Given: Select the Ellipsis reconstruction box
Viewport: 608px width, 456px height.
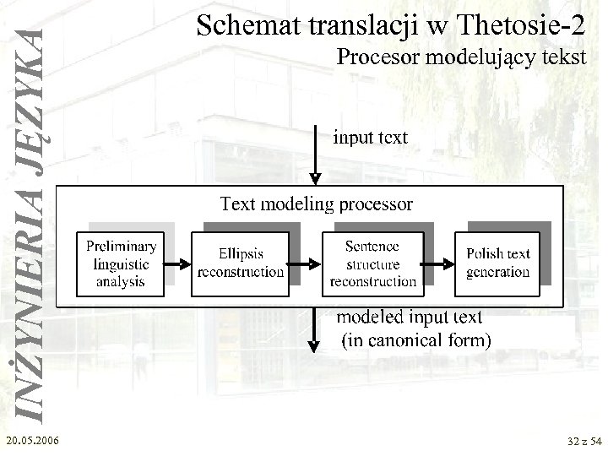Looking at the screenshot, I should point(241,263).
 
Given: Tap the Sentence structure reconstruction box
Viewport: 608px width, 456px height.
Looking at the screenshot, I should point(372,263).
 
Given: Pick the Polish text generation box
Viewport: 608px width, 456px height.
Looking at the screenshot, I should point(497,263).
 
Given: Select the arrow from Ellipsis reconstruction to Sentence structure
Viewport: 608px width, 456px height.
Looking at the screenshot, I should point(307,263).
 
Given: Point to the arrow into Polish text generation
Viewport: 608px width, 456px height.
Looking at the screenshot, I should point(437,263).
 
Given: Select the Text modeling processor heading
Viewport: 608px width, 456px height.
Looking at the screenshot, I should point(317,204).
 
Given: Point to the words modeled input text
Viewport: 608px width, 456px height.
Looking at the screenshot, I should point(410,318).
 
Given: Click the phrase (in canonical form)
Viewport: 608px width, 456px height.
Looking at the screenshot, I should point(415,341).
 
